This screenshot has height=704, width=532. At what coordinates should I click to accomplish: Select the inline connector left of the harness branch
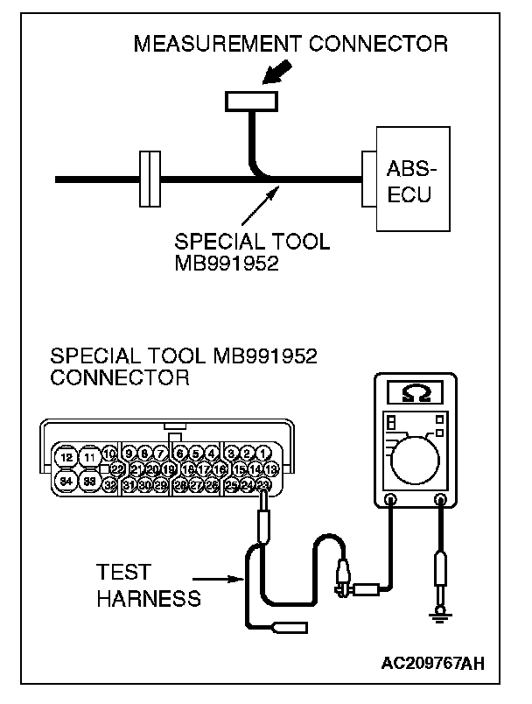pos(150,180)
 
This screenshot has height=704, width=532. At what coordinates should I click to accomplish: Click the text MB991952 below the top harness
pos(227,264)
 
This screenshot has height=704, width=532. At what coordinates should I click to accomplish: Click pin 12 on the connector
pos(66,457)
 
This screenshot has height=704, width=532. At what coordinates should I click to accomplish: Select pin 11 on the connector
pos(89,457)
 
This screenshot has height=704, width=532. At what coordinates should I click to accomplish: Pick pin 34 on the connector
pos(66,482)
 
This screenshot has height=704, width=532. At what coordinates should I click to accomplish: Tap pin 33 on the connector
pos(89,482)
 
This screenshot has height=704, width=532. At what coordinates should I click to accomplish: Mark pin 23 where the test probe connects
pos(264,484)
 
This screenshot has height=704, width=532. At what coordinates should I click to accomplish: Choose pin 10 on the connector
pos(109,453)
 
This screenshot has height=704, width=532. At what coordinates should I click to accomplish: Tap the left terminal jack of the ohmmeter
pos(390,501)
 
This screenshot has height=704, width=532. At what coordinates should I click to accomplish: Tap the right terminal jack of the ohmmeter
pos(440,501)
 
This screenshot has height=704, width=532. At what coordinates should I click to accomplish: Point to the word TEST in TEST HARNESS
pos(124,573)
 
